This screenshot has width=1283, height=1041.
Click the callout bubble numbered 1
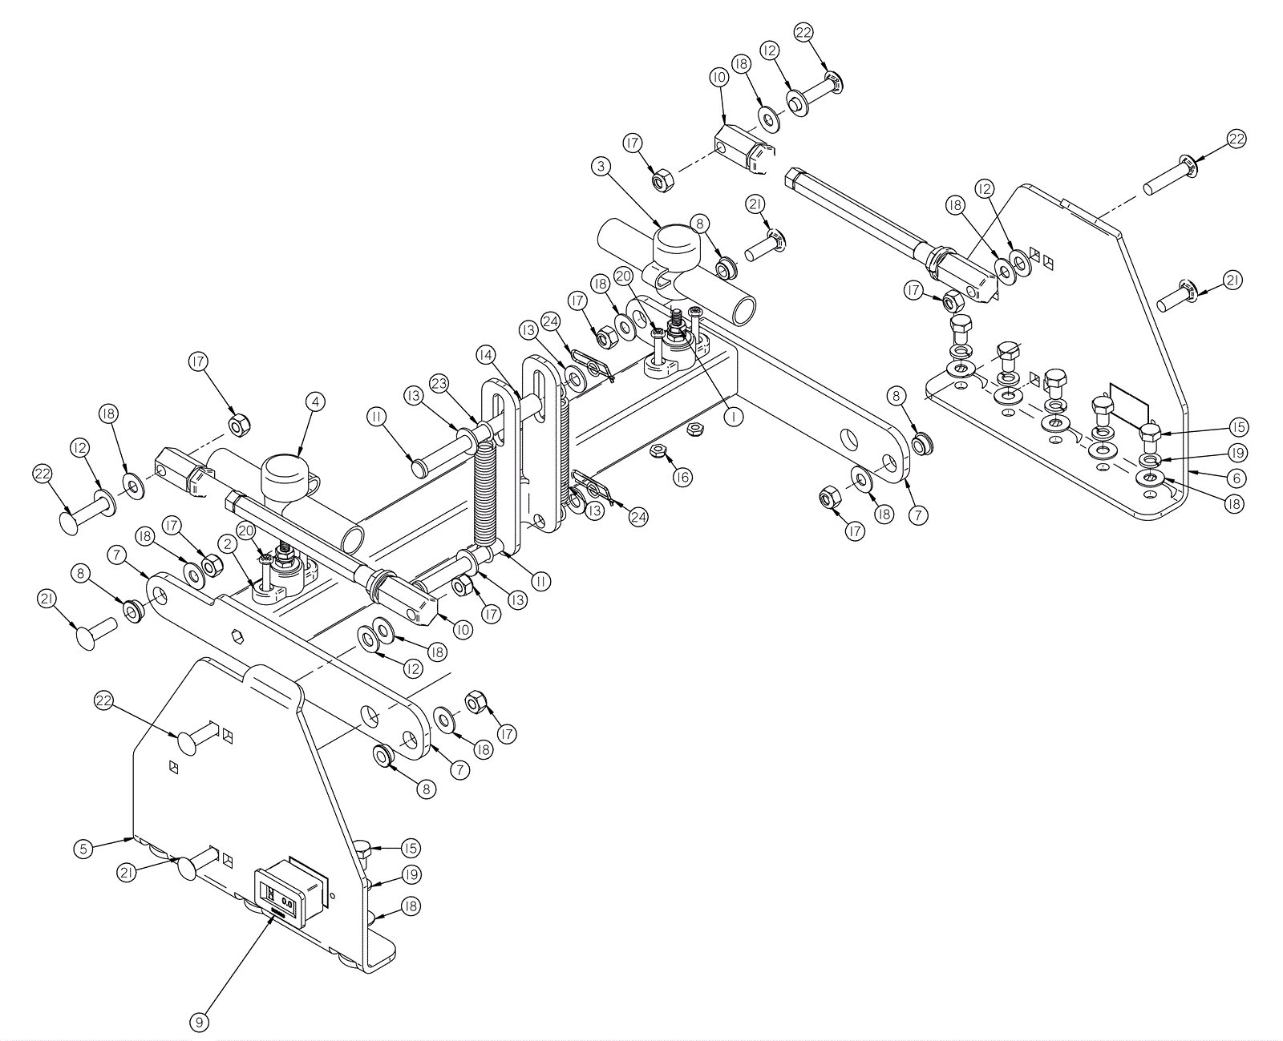tap(731, 417)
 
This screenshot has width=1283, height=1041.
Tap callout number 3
tap(601, 167)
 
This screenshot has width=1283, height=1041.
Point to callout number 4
tap(315, 401)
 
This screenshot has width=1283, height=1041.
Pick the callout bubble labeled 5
tap(83, 848)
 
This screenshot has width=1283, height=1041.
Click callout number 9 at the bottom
tap(200, 1023)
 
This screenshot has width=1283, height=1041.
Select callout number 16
tap(682, 478)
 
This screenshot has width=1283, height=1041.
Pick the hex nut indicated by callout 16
tap(656, 450)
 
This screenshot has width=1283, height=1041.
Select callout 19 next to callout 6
tap(1236, 453)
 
